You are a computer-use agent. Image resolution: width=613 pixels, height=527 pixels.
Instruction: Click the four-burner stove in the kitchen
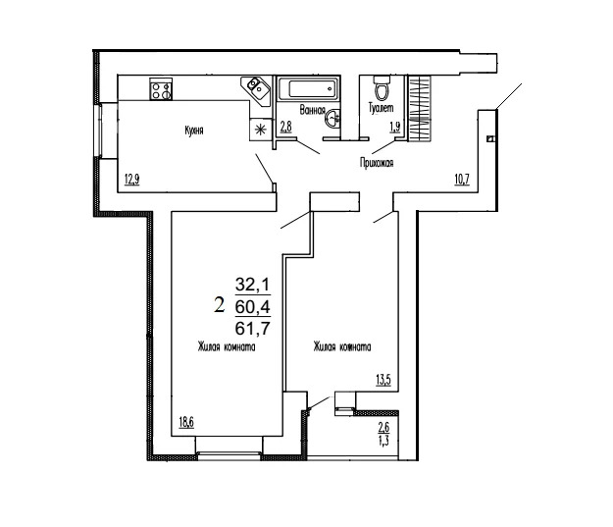[162, 89]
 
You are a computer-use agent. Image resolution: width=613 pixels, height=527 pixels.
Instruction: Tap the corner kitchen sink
[257, 89]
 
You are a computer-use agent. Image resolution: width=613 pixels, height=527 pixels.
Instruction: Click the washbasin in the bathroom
[335, 119]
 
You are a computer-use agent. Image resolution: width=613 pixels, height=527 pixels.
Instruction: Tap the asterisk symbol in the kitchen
[260, 127]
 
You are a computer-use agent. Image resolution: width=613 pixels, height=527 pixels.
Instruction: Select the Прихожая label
[376, 164]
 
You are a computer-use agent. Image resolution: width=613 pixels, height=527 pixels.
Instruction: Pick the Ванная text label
[312, 112]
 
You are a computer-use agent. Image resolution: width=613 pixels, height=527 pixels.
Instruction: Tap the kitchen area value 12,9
[130, 178]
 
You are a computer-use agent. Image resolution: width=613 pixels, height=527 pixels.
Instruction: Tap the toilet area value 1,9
[394, 127]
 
